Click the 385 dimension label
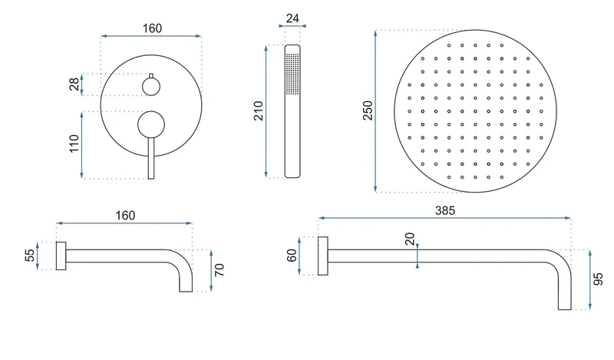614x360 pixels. coord(445,211)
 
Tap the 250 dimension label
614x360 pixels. coord(368,111)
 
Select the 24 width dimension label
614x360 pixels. coord(292,18)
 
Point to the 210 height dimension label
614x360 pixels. coord(259,111)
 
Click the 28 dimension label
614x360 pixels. coord(74,84)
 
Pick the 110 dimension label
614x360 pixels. coord(74,144)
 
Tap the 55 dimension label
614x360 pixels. coord(30,256)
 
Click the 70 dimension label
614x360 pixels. coord(220,270)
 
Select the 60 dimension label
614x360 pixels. coord(292,256)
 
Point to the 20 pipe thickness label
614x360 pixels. coord(410,239)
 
